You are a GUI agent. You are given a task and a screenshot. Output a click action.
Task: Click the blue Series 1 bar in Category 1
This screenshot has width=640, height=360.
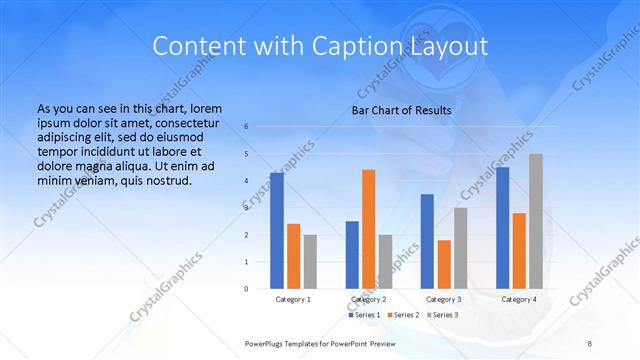[276, 231]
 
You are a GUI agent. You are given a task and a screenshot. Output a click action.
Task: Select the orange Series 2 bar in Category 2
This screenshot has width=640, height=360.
[368, 229]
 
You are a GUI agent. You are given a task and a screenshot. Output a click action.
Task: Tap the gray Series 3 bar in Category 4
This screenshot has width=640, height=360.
[536, 221]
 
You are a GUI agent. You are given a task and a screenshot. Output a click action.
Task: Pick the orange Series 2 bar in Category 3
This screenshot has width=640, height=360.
[444, 264]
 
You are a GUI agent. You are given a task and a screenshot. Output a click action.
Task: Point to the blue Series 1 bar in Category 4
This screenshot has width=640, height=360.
[502, 228]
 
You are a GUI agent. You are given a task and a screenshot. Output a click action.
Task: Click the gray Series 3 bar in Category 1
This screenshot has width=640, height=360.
[310, 262]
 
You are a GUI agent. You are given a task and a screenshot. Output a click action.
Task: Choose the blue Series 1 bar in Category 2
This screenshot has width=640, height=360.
[352, 255]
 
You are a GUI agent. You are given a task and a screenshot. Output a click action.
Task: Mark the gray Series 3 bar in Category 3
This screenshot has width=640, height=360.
[460, 248]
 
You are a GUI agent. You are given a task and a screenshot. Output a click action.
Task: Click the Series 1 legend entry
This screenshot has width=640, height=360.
[364, 315]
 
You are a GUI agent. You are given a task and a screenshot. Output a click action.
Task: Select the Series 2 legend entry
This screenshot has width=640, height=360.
[402, 315]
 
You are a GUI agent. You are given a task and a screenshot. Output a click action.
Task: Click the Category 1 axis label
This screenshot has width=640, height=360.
[293, 299]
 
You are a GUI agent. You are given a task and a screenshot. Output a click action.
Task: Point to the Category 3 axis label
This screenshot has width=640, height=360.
[443, 299]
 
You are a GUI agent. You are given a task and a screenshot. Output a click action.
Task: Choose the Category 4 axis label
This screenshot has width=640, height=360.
[518, 299]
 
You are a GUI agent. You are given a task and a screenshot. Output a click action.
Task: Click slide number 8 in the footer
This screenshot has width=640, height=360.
[589, 343]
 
